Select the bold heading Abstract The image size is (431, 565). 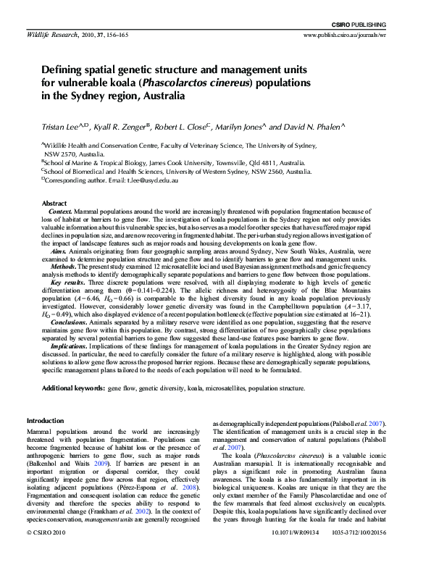click(55, 204)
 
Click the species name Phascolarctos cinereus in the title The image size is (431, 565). click(201, 83)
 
